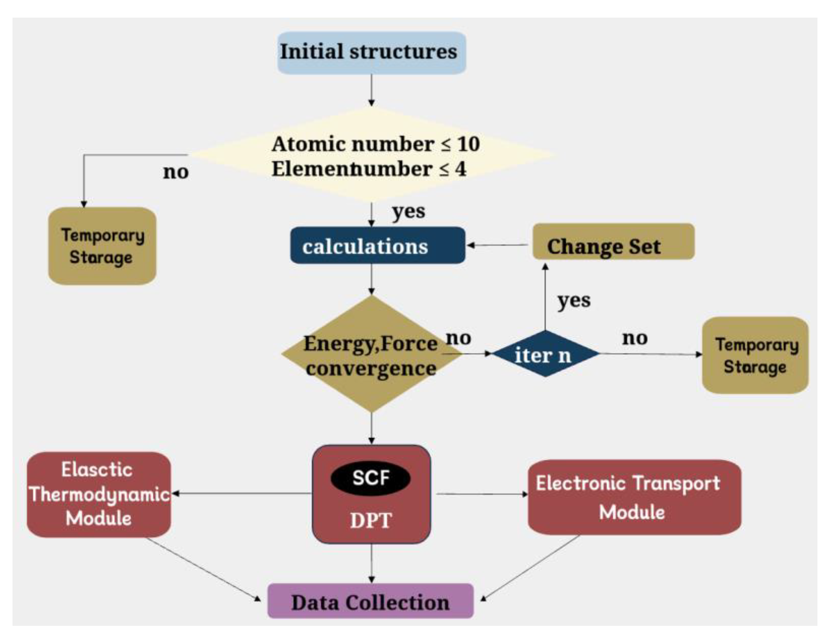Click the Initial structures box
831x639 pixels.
371,52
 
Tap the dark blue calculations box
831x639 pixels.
377,246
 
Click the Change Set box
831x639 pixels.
613,242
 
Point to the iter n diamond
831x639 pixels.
545,354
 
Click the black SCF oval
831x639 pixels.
370,478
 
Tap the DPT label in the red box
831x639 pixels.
370,520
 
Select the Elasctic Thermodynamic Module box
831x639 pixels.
99,494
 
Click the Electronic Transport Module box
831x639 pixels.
634,497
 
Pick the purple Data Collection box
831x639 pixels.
370,602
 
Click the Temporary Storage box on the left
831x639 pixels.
102,246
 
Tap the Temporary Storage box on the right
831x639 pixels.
755,355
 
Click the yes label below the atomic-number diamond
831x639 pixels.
409,212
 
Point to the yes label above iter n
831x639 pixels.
573,301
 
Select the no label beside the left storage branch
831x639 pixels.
176,172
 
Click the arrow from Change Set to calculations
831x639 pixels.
498,245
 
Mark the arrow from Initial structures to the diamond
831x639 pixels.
371,90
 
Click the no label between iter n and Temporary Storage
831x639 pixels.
635,338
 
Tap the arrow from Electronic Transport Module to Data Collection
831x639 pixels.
530,568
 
